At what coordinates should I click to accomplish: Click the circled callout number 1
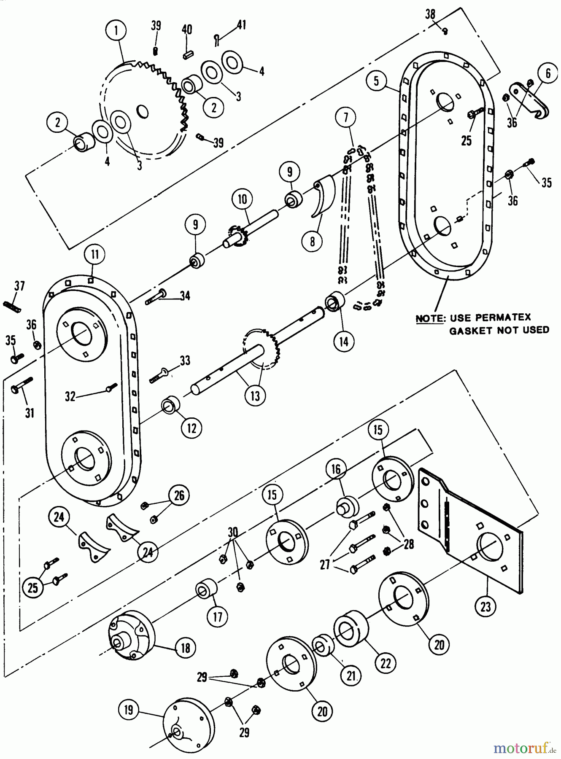click(117, 30)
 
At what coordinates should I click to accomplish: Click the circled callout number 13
click(255, 396)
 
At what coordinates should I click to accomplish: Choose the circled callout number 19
click(129, 710)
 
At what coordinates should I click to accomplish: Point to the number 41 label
click(241, 25)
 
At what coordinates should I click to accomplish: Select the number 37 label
click(19, 286)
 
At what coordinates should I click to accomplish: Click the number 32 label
click(70, 396)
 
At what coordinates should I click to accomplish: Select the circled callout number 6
click(548, 74)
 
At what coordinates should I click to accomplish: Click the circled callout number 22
click(386, 663)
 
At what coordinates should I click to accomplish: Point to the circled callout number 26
click(179, 495)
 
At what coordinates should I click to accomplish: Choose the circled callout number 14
click(343, 341)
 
